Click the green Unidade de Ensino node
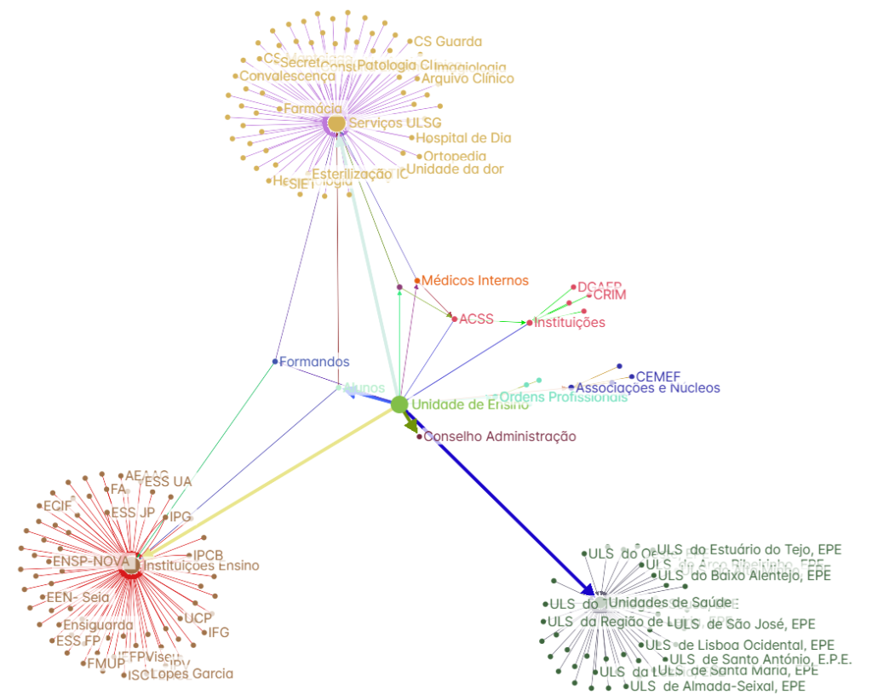(399, 405)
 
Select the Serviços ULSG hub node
(336, 123)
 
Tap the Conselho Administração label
(500, 437)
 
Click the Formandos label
(314, 362)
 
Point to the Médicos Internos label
(475, 280)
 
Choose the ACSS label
(476, 319)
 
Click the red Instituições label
(570, 322)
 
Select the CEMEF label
(658, 376)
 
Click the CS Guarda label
(448, 42)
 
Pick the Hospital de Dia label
(463, 138)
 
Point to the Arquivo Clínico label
(468, 78)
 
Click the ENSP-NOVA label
(91, 561)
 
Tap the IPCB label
(208, 555)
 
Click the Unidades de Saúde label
(670, 603)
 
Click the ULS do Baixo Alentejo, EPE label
(743, 575)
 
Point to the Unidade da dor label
(455, 169)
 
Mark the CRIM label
(609, 295)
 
